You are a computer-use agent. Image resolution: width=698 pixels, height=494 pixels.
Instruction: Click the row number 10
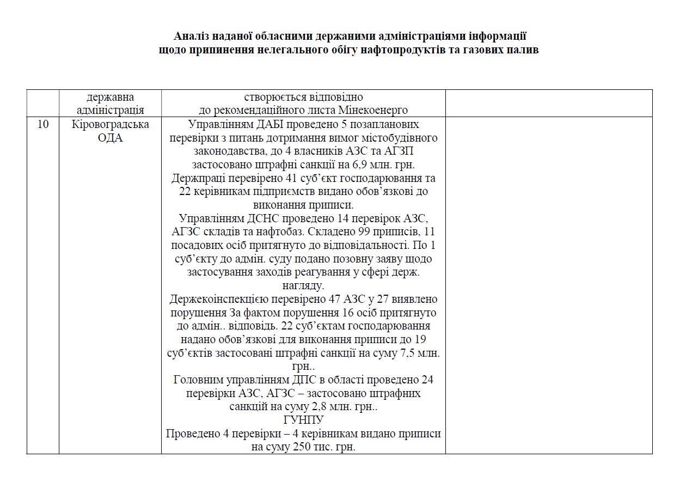pyautogui.click(x=43, y=124)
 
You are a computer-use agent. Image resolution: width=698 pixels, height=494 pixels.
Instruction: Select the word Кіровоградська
pyautogui.click(x=110, y=124)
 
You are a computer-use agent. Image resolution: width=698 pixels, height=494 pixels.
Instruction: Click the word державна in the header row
pyautogui.click(x=110, y=97)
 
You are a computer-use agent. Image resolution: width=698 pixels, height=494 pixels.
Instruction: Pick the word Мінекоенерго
pyautogui.click(x=376, y=111)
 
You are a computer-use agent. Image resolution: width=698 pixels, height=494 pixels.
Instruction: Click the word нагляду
pyautogui.click(x=303, y=285)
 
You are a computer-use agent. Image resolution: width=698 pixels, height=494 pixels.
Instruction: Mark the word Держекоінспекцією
pyautogui.click(x=213, y=299)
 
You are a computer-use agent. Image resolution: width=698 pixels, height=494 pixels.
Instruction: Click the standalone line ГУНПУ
pyautogui.click(x=303, y=420)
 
